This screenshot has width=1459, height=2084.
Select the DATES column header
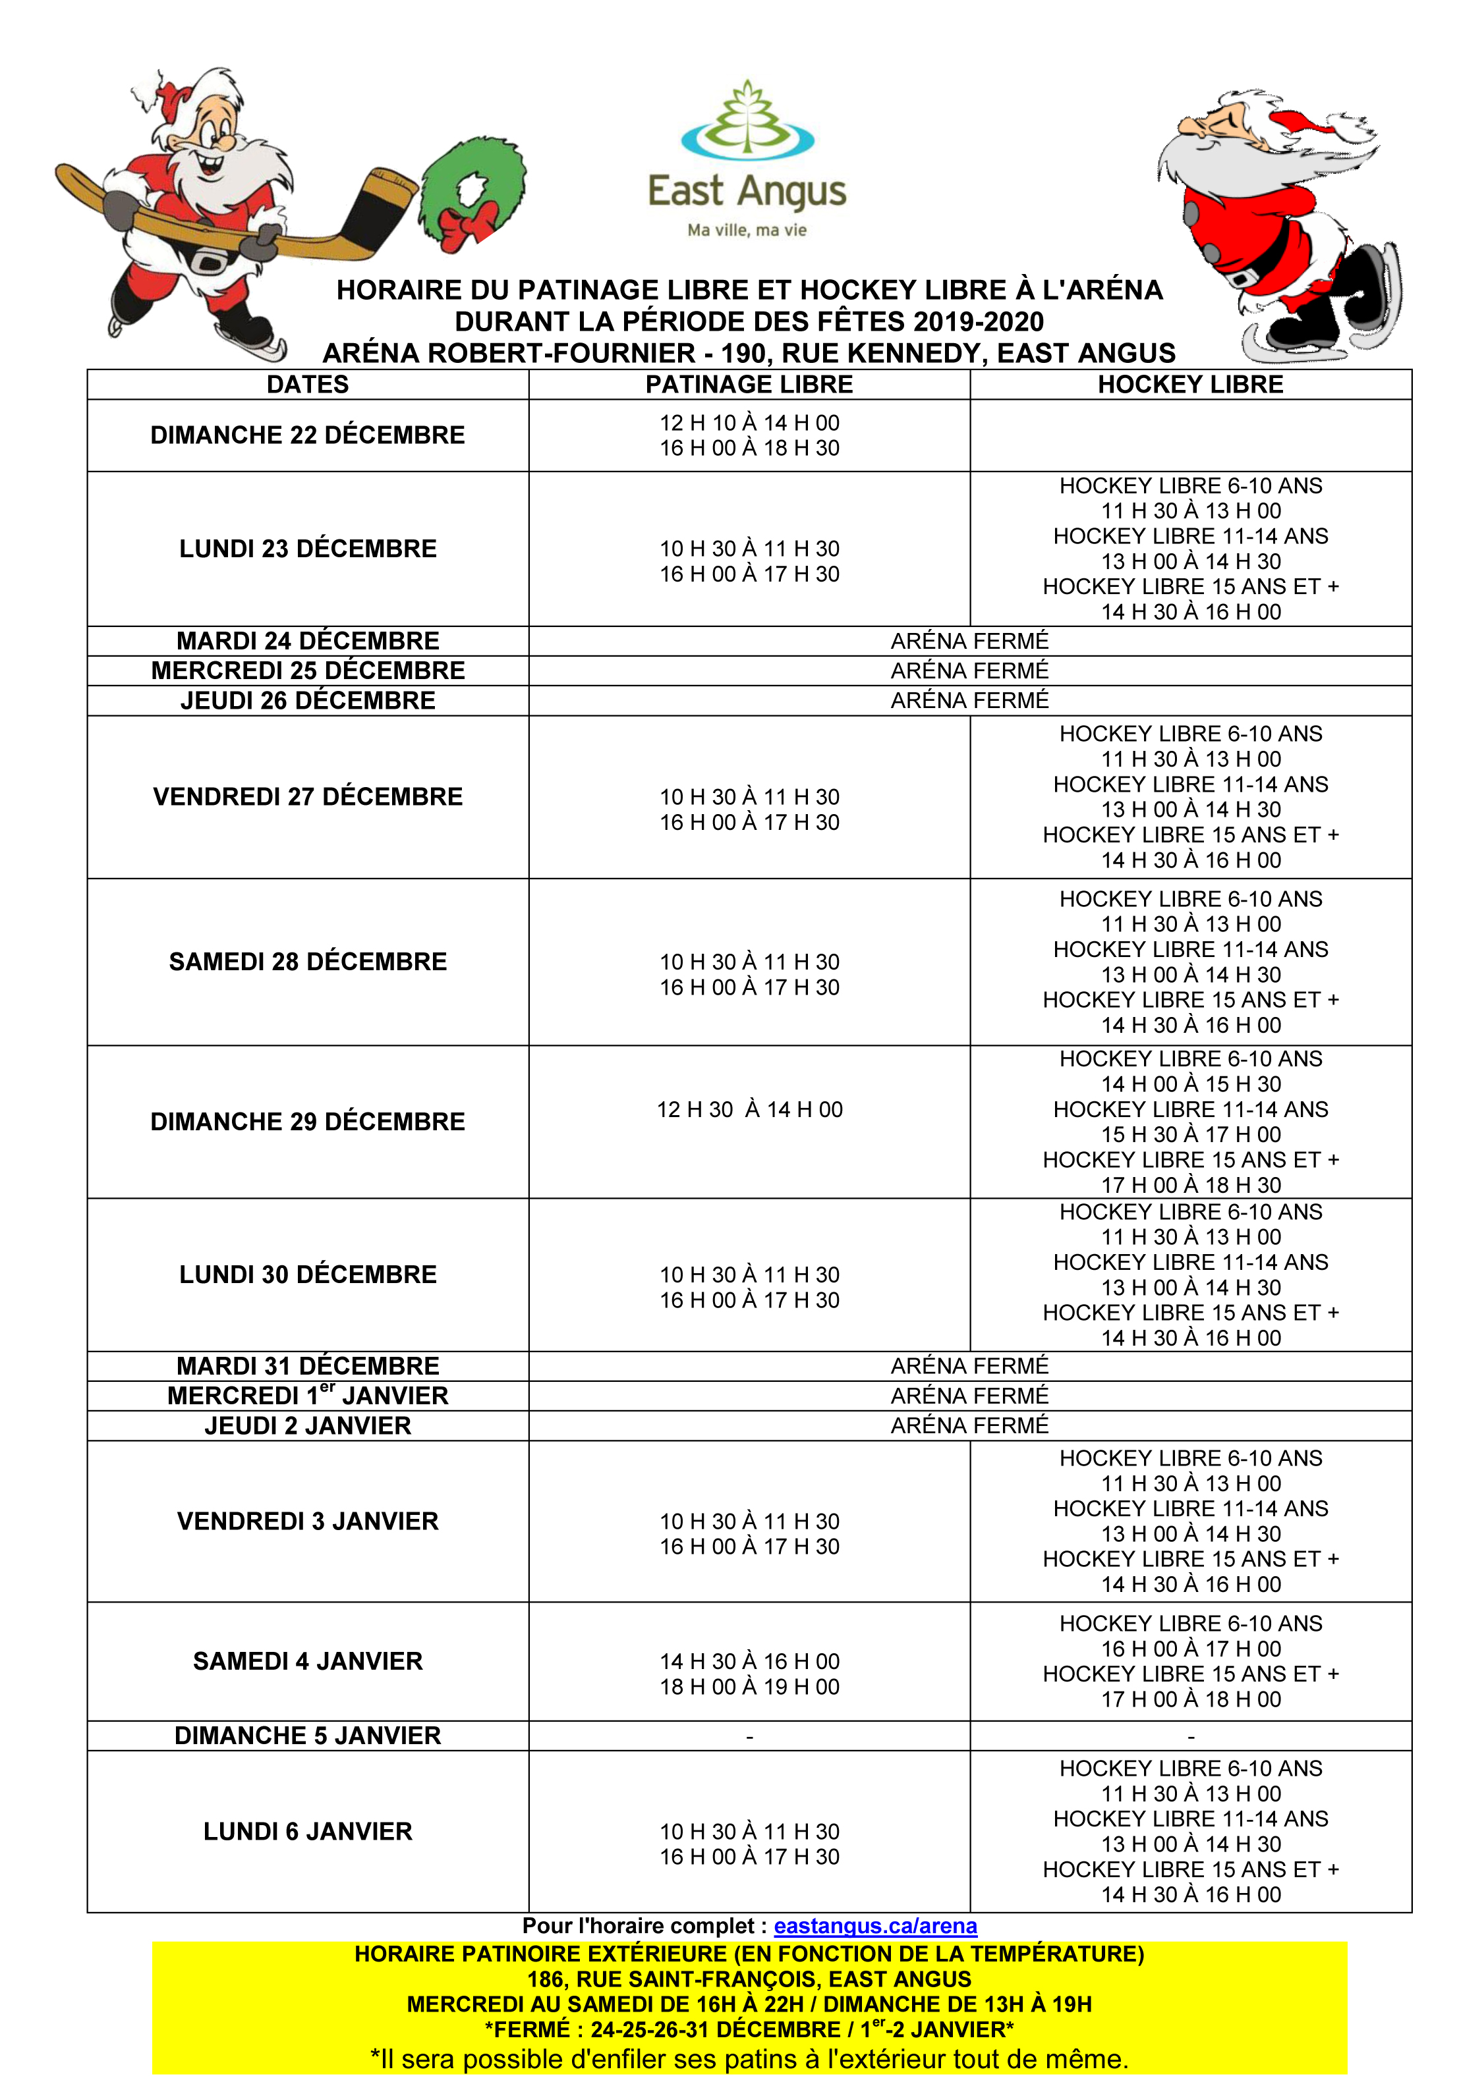coord(308,384)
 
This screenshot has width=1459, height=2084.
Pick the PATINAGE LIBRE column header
coord(749,384)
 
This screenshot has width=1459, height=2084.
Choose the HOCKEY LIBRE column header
coord(1190,384)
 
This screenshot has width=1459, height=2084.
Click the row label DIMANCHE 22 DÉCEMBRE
coord(308,435)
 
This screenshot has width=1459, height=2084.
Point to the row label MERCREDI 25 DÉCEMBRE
coord(308,671)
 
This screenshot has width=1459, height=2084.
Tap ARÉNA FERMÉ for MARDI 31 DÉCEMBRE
coord(969,1365)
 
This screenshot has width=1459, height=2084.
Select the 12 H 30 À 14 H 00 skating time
coord(749,1109)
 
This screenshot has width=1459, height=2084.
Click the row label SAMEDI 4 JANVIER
coord(308,1661)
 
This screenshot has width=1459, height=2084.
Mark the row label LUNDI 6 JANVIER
coord(308,1832)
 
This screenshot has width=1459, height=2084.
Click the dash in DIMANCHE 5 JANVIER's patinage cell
coord(749,1736)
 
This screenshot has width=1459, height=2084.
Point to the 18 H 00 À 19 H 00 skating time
coord(749,1686)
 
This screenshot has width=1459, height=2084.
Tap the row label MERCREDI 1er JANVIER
coord(308,1395)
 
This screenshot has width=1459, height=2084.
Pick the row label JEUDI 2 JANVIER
coord(308,1425)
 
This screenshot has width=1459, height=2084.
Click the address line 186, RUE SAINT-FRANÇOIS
coord(749,1979)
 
